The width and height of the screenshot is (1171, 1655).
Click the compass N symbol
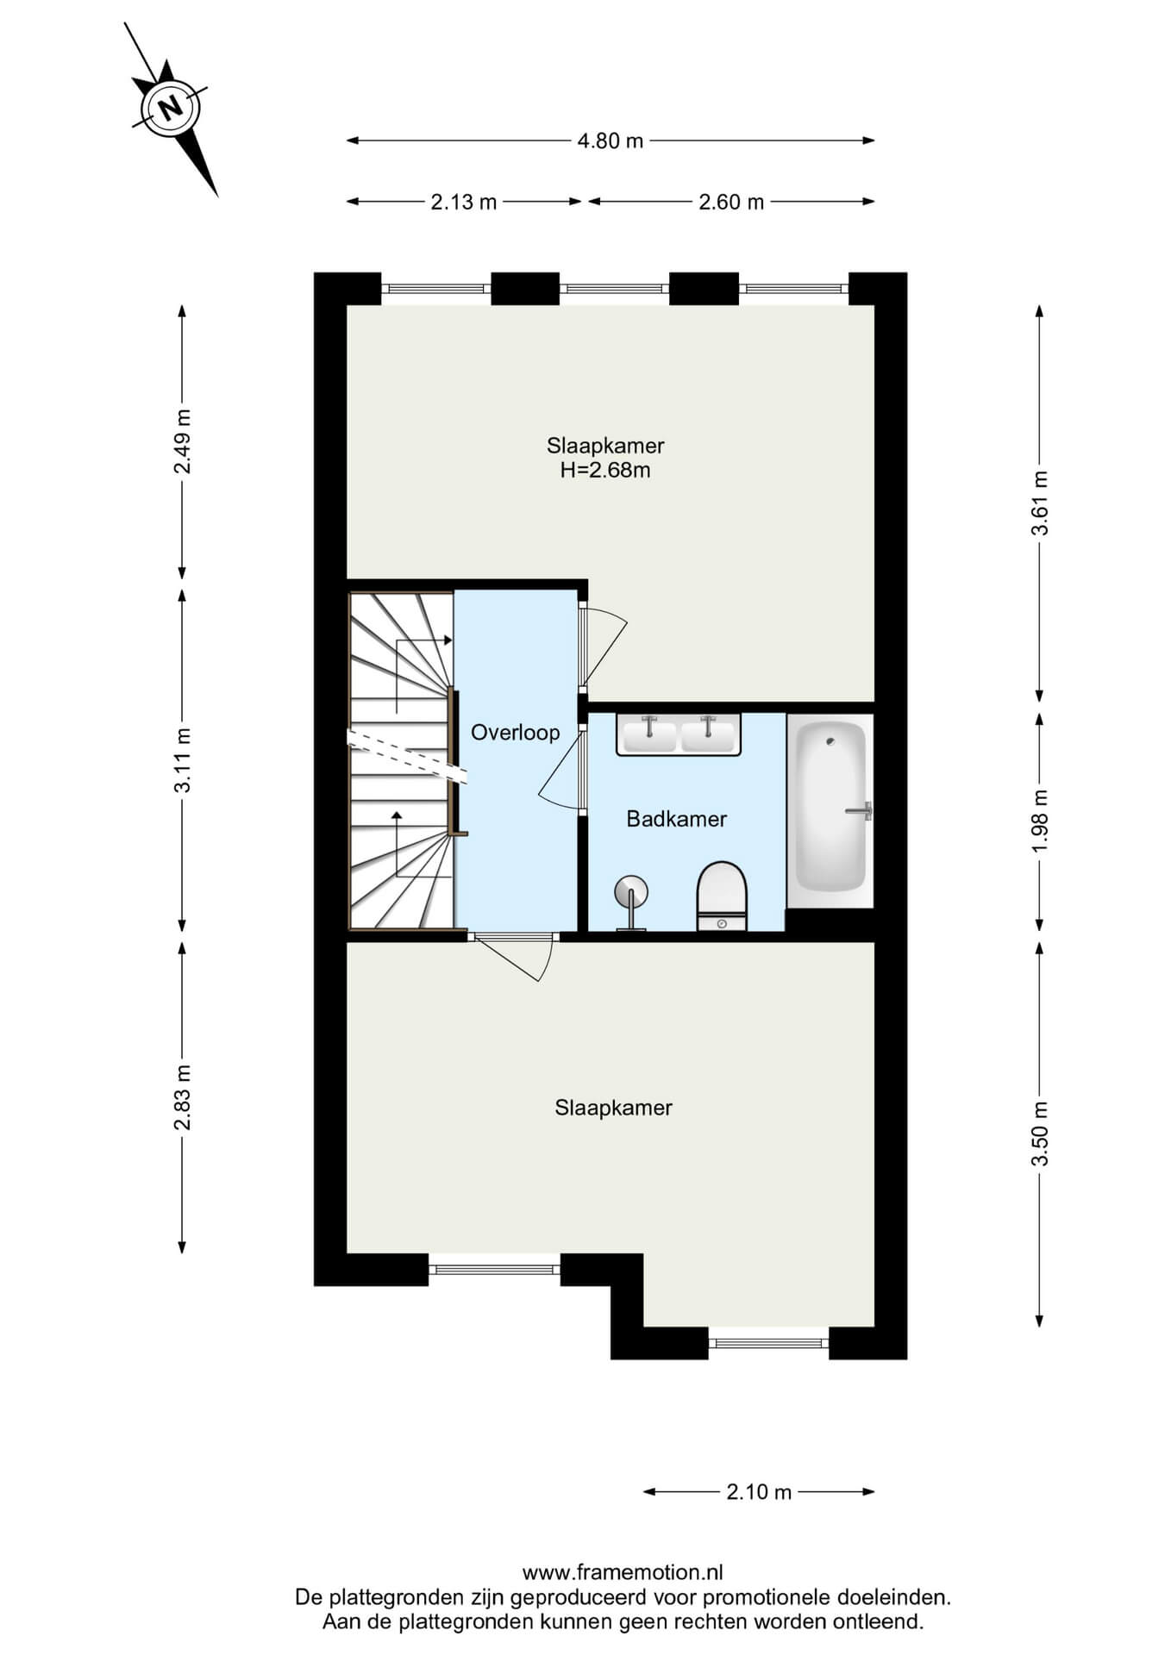pos(171,109)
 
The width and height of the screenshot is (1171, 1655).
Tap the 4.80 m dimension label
pos(611,141)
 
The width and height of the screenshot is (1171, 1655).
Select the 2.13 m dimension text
pos(464,203)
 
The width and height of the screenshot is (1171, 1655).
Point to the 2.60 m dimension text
pos(731,203)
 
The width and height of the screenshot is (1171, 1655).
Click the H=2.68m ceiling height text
pos(605,470)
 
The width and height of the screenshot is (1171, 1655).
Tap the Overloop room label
pos(516,733)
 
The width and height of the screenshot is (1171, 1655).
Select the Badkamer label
pos(677,819)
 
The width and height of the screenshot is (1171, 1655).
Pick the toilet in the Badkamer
pos(722,896)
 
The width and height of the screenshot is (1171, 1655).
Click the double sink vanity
pos(679,735)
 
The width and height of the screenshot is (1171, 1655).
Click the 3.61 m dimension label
pos(1040,503)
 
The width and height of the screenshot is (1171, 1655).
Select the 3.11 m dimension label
pos(182,761)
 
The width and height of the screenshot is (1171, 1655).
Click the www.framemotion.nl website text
pos(623,1572)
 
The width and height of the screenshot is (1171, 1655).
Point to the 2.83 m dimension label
pos(182,1097)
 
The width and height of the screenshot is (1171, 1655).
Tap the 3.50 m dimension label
pos(1040,1134)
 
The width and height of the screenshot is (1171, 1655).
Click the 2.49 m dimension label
pos(182,441)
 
